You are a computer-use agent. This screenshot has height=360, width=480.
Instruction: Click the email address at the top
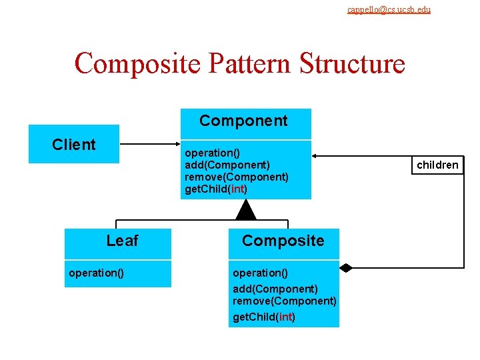pos(389,9)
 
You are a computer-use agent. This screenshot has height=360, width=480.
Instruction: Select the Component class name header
pos(243,121)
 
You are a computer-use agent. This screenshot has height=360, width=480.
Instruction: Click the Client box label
pos(74,145)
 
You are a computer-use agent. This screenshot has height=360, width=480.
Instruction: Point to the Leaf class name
pos(122,241)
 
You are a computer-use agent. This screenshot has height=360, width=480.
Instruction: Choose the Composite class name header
pos(283,241)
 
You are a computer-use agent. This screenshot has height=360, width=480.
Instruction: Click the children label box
pos(437,165)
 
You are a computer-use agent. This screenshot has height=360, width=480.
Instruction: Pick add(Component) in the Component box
pos(227,165)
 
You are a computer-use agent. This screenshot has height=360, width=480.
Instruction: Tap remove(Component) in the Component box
pos(236,177)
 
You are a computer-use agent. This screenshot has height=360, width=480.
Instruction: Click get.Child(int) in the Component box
pos(215,189)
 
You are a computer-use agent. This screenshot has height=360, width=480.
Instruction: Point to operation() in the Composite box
pos(260,273)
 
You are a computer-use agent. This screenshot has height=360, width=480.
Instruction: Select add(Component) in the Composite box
pos(275,289)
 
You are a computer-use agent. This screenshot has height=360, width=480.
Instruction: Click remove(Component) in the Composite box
pos(284,301)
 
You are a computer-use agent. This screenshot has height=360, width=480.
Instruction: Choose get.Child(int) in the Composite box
pos(263,317)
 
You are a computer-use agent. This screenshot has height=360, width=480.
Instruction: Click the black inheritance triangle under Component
pos(246,210)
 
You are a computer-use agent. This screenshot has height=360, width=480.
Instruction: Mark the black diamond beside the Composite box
pos(345,268)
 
